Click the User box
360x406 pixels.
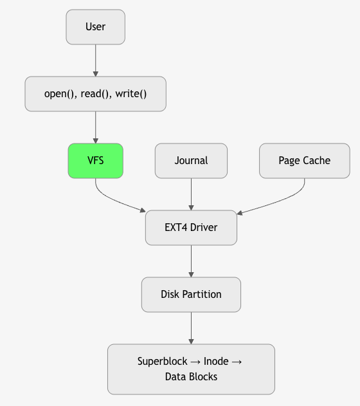(x=95, y=27)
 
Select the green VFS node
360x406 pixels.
(x=95, y=160)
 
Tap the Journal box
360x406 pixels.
(x=191, y=160)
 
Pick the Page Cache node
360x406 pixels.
(x=304, y=160)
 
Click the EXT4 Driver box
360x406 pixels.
(x=191, y=227)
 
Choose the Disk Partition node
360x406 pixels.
(x=191, y=294)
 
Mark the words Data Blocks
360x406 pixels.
(x=191, y=377)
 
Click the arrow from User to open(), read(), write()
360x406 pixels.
(x=95, y=60)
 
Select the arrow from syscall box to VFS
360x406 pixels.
(x=95, y=127)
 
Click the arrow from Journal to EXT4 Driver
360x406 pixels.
(x=191, y=194)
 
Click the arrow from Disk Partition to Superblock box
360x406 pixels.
(x=191, y=328)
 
